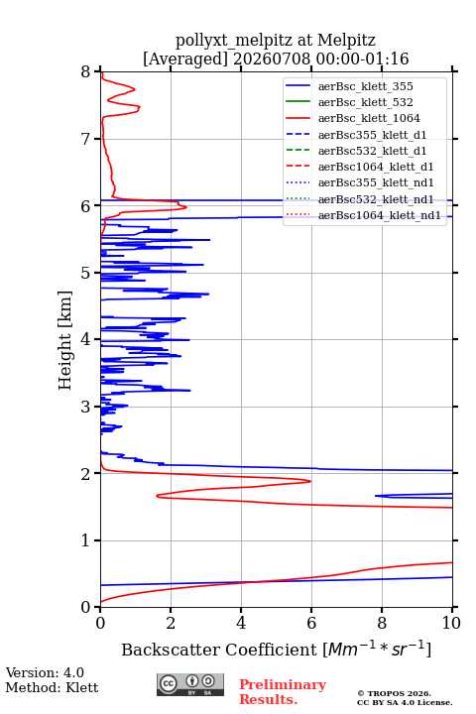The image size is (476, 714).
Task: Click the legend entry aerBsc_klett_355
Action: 349,86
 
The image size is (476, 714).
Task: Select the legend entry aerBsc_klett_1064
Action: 353,118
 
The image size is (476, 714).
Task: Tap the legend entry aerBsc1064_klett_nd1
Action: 363,215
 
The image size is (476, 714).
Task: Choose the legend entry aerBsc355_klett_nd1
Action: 359,182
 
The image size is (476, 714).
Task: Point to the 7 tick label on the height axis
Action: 85,139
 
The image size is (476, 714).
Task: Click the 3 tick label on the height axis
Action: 85,407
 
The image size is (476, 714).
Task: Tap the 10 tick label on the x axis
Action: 451,623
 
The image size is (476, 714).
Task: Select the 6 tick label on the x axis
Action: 311,623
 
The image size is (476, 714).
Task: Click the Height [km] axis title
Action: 64,340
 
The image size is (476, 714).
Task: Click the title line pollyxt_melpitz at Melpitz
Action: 276,40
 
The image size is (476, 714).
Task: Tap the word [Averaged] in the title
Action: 185,59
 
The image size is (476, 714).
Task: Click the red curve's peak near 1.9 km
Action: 310,481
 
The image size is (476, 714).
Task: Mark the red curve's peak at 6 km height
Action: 185,207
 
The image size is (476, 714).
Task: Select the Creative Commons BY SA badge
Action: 190,684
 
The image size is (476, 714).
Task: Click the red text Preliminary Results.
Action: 283,692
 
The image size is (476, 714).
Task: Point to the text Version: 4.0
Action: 45,672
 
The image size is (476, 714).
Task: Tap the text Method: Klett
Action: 52,687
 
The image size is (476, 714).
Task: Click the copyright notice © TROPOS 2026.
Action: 394,693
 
